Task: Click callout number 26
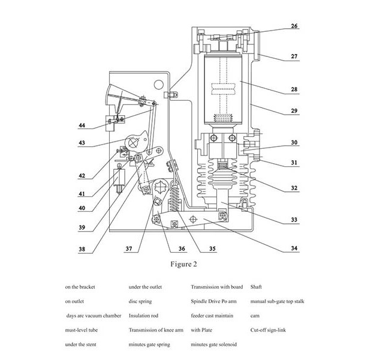coord(294,26)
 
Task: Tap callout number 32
coord(294,188)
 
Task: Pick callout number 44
coord(81,127)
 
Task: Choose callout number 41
coord(81,193)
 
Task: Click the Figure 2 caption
coord(180,263)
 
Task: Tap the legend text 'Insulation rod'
coord(145,316)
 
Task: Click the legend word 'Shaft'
coord(256,287)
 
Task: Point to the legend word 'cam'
coord(254,316)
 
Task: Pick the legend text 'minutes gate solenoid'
coord(214,344)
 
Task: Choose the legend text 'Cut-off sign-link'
coord(270,330)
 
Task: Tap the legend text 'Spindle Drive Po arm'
coord(216,301)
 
